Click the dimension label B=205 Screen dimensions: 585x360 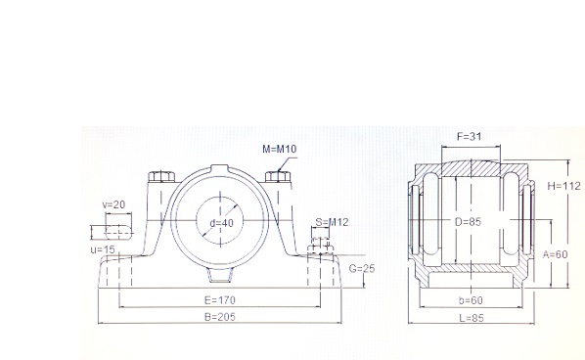point(220,317)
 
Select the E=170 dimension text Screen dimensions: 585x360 point(220,300)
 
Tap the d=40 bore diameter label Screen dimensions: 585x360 point(222,223)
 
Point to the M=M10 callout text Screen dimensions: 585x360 point(280,150)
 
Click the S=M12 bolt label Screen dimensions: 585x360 point(332,222)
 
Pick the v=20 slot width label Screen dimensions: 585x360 point(113,204)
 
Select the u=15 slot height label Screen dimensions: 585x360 point(103,249)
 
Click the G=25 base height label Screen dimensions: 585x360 point(362,269)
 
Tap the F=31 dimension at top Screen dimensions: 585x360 point(470,137)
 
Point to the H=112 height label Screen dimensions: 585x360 point(564,186)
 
